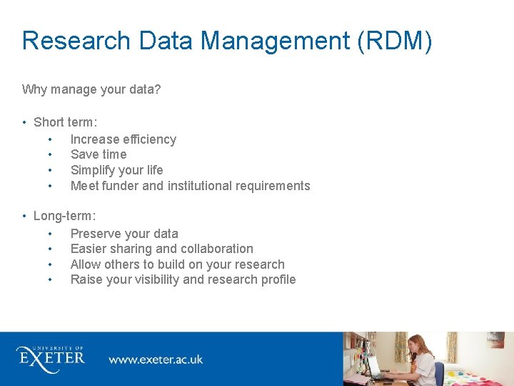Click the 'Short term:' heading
pyautogui.click(x=65, y=123)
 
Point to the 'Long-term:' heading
pyautogui.click(x=64, y=216)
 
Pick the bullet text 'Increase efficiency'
pyautogui.click(x=123, y=139)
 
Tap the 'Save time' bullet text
pyautogui.click(x=99, y=154)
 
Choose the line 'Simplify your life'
pyautogui.click(x=116, y=170)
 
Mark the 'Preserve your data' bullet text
pyautogui.click(x=124, y=234)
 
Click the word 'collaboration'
pyautogui.click(x=216, y=249)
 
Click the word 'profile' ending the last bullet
pyautogui.click(x=278, y=279)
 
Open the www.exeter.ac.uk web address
pyautogui.click(x=156, y=359)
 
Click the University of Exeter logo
pyautogui.click(x=51, y=356)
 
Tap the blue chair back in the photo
pyautogui.click(x=439, y=372)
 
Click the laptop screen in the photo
pyautogui.click(x=374, y=367)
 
